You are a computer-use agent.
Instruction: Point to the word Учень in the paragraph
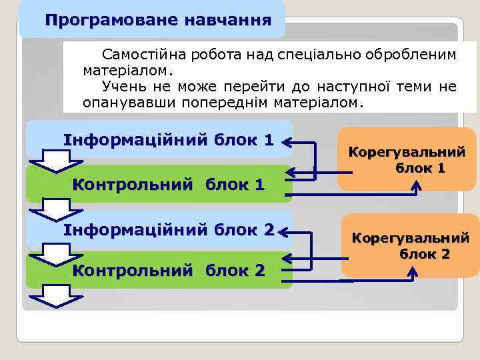(x=122, y=87)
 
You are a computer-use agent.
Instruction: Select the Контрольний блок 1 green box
(x=168, y=184)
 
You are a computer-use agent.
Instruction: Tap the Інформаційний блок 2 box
(x=168, y=230)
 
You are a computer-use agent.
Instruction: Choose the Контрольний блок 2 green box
(x=168, y=270)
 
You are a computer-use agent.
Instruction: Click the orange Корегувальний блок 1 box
(x=407, y=160)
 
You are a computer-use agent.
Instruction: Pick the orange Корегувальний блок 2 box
(x=410, y=245)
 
